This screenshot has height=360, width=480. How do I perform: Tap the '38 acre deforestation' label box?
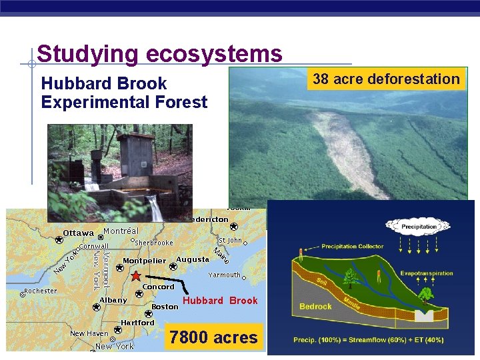tap(386, 79)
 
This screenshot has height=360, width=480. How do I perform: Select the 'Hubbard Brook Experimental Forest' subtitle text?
tap(124, 93)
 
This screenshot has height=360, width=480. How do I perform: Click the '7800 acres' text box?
tap(213, 337)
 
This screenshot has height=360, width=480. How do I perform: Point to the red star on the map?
tap(135, 276)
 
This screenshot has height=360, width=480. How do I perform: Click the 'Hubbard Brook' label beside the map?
tap(220, 301)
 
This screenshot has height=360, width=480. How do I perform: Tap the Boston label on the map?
tap(165, 307)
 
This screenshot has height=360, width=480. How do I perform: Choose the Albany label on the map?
tap(113, 300)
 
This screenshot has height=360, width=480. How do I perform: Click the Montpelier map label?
tap(144, 260)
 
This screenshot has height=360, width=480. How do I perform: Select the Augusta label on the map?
tap(193, 259)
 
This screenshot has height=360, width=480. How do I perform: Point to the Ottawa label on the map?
tap(78, 233)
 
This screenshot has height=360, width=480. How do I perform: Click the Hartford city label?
tap(137, 323)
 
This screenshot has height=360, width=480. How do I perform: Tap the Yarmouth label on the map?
tap(224, 275)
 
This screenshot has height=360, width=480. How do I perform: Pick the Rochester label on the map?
tap(40, 291)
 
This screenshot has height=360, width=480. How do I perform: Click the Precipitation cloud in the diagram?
tap(419, 226)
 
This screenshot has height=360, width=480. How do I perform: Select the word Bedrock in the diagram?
tap(315, 307)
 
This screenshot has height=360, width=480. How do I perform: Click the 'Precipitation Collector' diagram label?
tap(352, 247)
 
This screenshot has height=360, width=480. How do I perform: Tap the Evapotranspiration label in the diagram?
tap(427, 273)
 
